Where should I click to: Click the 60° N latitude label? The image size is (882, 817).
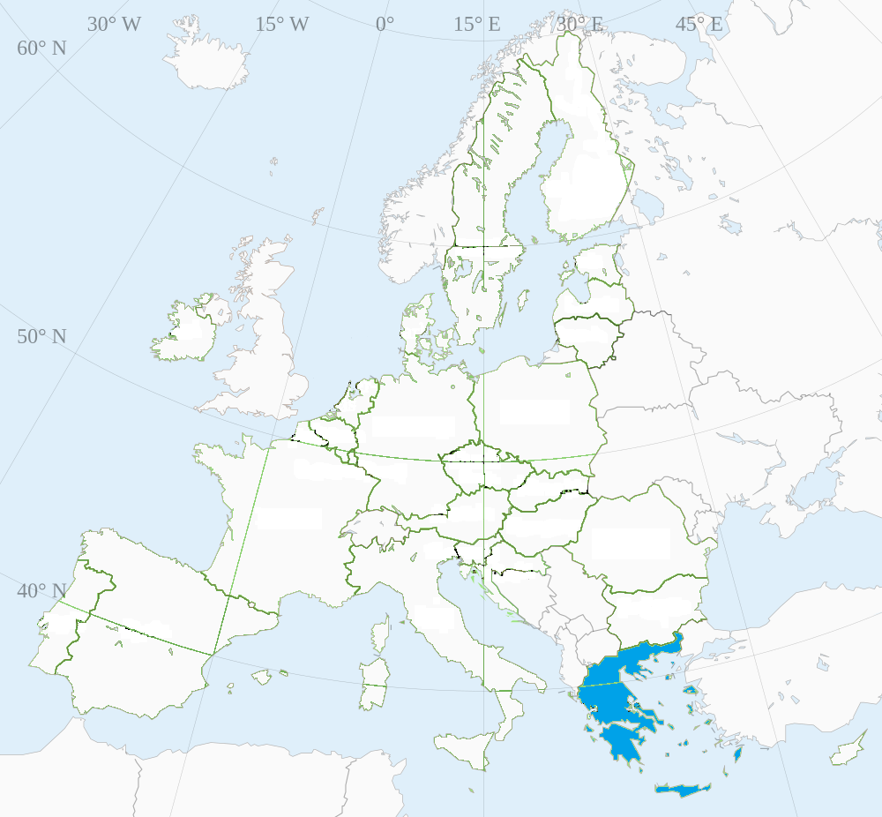pyautogui.click(x=41, y=48)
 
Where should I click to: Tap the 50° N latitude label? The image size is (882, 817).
pyautogui.click(x=41, y=337)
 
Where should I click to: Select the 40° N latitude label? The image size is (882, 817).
pyautogui.click(x=41, y=591)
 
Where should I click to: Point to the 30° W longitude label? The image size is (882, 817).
pyautogui.click(x=114, y=24)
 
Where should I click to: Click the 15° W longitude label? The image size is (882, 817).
pyautogui.click(x=282, y=24)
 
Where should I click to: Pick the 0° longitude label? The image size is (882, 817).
pyautogui.click(x=385, y=24)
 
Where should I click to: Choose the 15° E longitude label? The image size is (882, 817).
pyautogui.click(x=477, y=24)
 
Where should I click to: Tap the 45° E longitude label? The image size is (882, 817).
pyautogui.click(x=699, y=24)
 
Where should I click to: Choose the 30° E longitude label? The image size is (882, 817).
pyautogui.click(x=579, y=24)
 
